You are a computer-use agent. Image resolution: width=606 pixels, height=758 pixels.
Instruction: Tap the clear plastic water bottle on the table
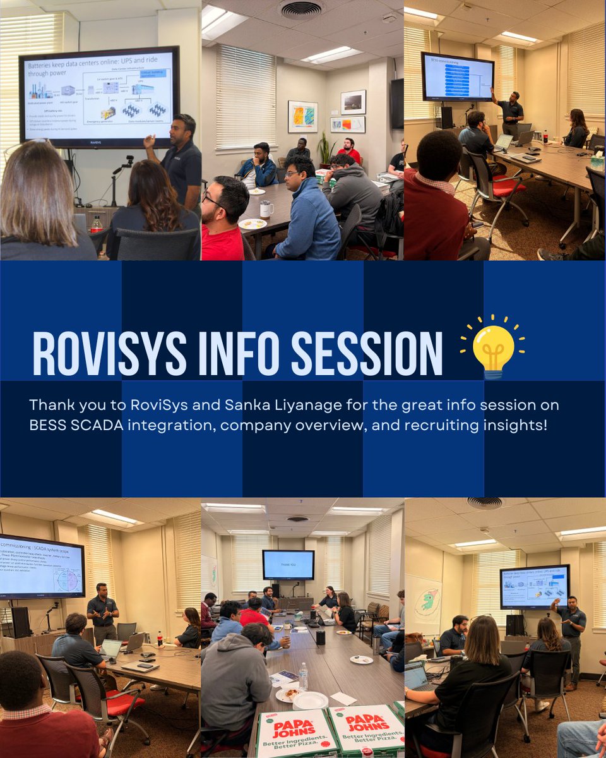(303, 677)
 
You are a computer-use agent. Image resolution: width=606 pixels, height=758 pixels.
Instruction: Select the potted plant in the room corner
(326, 152)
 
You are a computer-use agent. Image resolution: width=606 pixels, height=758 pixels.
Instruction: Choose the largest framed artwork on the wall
(302, 117)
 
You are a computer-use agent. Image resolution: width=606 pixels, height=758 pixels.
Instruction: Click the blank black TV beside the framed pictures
(396, 104)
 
